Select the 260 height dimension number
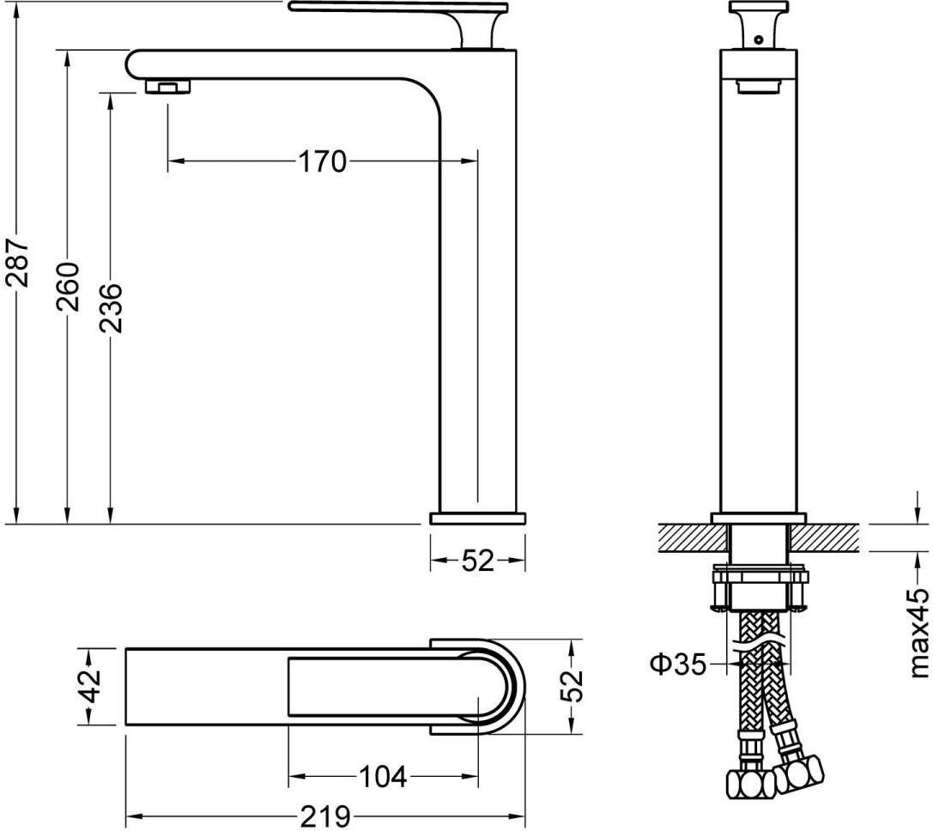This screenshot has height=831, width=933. (68, 287)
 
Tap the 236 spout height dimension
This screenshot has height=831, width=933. (111, 308)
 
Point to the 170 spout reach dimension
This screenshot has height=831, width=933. (322, 161)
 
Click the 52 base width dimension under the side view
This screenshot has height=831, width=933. (478, 560)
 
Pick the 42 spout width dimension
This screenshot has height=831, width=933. (90, 687)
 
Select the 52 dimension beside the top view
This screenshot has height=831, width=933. (572, 687)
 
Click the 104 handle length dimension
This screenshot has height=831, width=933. (383, 776)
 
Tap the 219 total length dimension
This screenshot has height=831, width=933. (325, 816)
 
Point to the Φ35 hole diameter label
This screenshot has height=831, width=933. (679, 664)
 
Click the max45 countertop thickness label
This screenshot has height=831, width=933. (919, 633)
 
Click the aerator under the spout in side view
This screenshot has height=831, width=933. (168, 87)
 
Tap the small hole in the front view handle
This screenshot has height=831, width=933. (757, 39)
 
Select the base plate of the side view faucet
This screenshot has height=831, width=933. (478, 518)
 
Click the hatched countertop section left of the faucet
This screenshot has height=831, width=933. (694, 537)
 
